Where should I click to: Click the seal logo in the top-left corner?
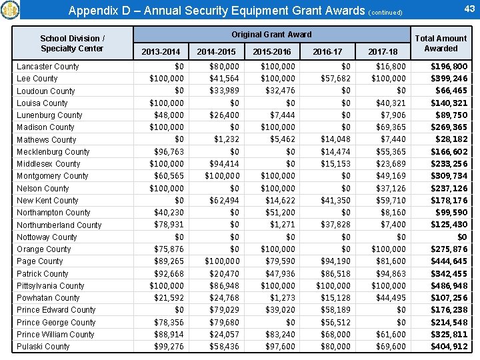[11, 10]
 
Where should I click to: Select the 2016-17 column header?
[327, 51]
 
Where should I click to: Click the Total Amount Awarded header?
[441, 43]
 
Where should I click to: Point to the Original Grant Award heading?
[271, 34]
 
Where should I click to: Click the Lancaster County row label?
[47, 67]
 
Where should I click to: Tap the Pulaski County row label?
[43, 347]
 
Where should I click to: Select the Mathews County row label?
[46, 140]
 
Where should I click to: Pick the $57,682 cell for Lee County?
[335, 79]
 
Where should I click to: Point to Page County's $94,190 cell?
[335, 261]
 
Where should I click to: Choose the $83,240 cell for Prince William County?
[279, 335]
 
